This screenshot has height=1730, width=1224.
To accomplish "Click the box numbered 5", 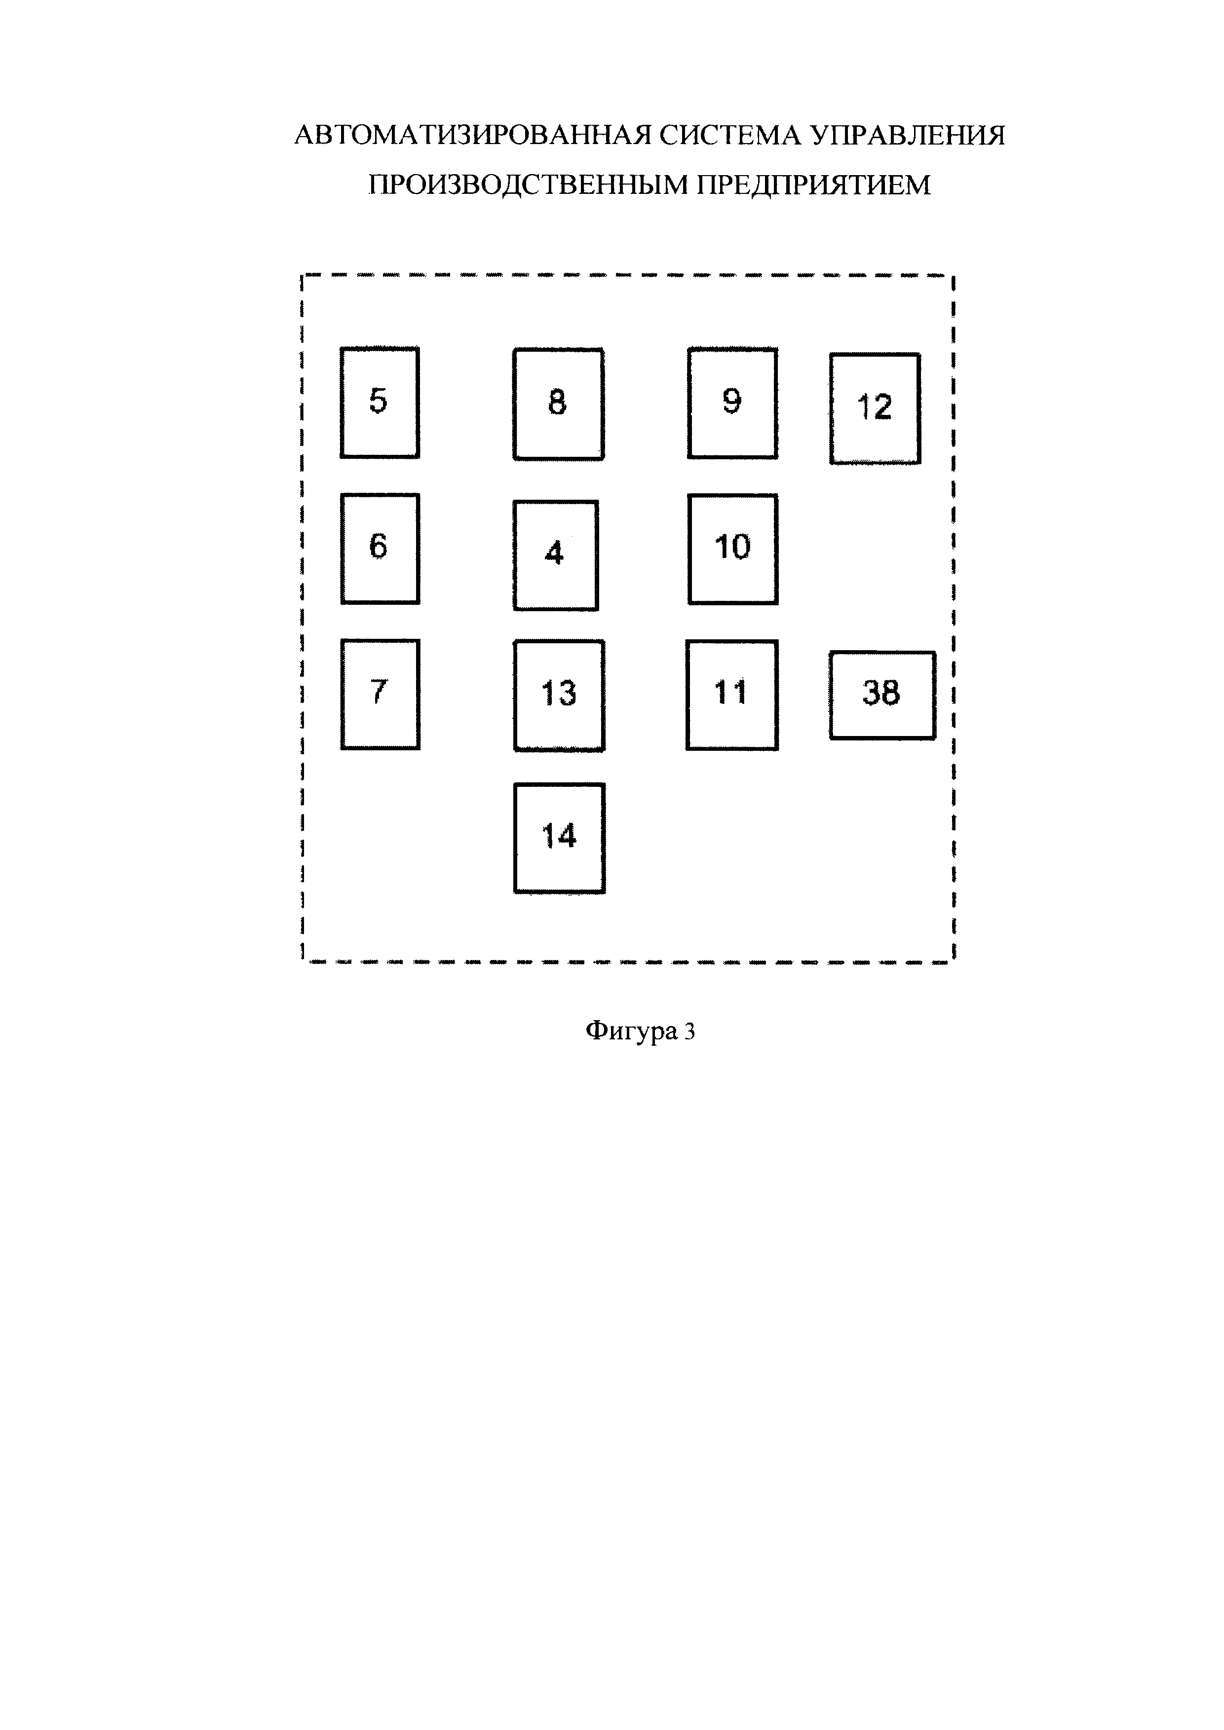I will pos(379,403).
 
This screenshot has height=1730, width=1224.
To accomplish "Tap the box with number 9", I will pos(732,403).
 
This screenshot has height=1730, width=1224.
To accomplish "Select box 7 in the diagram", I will pos(380,694).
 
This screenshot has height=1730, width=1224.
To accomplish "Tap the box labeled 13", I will pos(559,695).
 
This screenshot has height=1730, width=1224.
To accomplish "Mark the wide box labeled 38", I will pos(882,695).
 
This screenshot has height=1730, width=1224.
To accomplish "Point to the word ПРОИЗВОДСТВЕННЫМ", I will pos(528,184).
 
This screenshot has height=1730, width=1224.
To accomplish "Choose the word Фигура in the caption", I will pos(632,1031).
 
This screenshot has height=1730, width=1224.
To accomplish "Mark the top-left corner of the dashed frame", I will pos(302,277).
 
